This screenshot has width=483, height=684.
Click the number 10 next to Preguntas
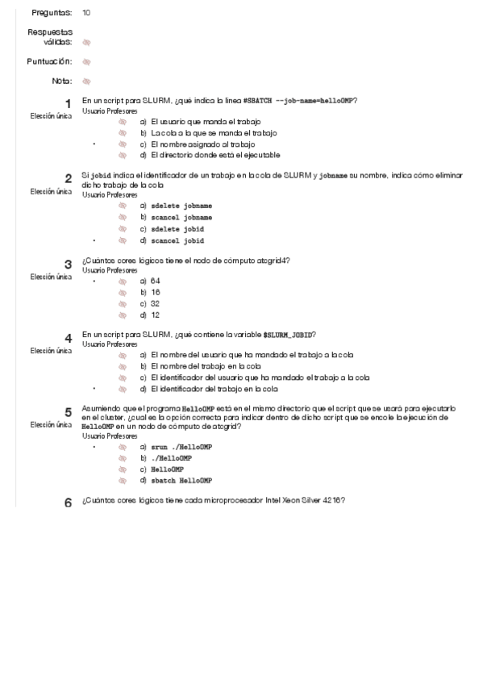[86, 13]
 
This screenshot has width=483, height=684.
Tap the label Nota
[61, 81]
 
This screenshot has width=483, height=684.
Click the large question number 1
[68, 103]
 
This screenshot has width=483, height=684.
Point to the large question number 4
[68, 338]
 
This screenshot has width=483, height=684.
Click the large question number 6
[68, 503]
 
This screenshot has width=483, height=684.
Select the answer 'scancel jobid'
[182, 240]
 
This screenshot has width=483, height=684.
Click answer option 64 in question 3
[155, 281]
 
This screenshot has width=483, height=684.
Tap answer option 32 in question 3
[155, 303]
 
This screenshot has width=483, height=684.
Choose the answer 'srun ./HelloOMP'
[182, 446]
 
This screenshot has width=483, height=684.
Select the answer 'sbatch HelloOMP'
[185, 480]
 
